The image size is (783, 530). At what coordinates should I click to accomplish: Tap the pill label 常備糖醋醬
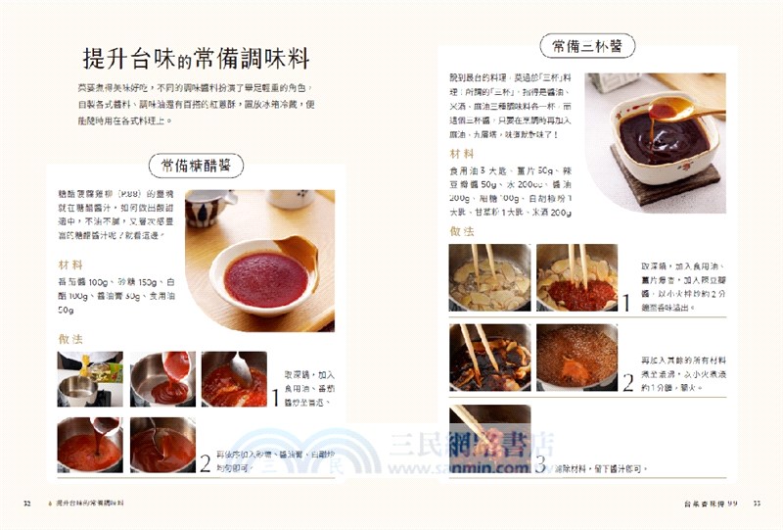point(196,165)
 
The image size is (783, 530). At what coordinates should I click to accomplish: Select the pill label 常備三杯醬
point(587,46)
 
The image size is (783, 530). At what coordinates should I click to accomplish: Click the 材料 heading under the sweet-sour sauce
point(70,265)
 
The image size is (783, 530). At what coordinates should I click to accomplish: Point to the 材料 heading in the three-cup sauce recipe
point(462,154)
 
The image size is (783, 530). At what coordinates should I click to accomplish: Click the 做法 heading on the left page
point(70,338)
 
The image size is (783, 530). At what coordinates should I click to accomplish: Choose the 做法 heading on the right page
point(462,231)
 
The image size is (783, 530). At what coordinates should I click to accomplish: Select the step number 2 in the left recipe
point(206,461)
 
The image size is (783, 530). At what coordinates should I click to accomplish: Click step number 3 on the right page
point(541,463)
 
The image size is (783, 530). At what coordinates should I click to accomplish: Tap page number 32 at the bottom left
point(27,504)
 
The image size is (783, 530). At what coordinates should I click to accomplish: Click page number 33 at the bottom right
point(757,504)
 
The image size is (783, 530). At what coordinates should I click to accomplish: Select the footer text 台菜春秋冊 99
point(710,504)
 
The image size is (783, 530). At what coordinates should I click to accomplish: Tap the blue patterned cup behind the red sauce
point(205,208)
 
